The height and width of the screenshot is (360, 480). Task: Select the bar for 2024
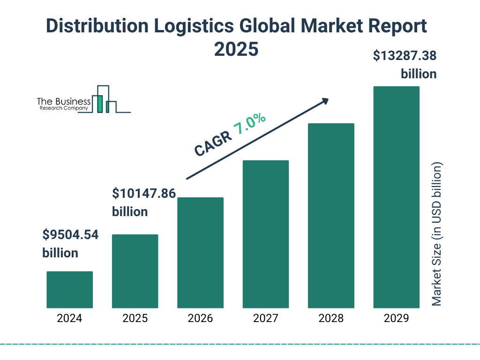pyautogui.click(x=69, y=290)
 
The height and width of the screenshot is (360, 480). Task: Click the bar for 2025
pyautogui.click(x=135, y=271)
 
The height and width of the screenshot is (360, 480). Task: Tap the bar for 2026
pyautogui.click(x=200, y=253)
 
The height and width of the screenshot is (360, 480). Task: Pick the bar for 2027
pyautogui.click(x=266, y=234)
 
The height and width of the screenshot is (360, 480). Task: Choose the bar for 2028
pyautogui.click(x=331, y=216)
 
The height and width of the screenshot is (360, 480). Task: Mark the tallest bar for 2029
pyautogui.click(x=396, y=197)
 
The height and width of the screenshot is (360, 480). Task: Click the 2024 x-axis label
pyautogui.click(x=69, y=319)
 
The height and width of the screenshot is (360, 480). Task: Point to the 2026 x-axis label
pyautogui.click(x=200, y=319)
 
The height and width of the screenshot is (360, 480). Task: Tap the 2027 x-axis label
pyautogui.click(x=266, y=319)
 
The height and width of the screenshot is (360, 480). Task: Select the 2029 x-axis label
pyautogui.click(x=396, y=319)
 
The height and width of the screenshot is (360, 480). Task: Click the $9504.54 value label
pyautogui.click(x=70, y=235)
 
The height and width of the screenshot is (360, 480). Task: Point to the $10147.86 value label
pyautogui.click(x=143, y=193)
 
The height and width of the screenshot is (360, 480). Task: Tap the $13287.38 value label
pyautogui.click(x=405, y=56)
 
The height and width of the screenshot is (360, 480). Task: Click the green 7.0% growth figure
pyautogui.click(x=250, y=124)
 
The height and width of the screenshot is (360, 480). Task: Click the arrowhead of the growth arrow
pyautogui.click(x=324, y=101)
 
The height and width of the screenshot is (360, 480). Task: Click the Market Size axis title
pyautogui.click(x=436, y=234)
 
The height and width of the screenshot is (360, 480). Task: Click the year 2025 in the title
pyautogui.click(x=236, y=49)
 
